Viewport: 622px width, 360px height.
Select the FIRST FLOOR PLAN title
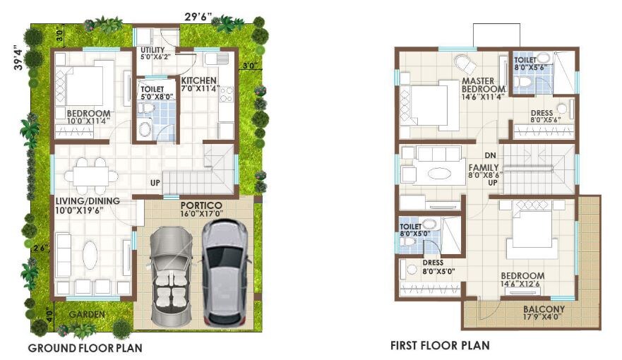click(x=440, y=346)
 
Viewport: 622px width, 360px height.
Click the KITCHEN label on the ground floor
click(x=199, y=80)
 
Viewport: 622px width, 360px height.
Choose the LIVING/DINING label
click(x=88, y=201)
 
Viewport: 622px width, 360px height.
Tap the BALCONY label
click(x=544, y=309)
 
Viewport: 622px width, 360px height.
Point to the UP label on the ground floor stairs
click(x=154, y=184)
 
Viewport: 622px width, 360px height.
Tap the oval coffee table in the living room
click(x=89, y=256)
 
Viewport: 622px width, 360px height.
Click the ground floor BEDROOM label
click(x=88, y=114)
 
